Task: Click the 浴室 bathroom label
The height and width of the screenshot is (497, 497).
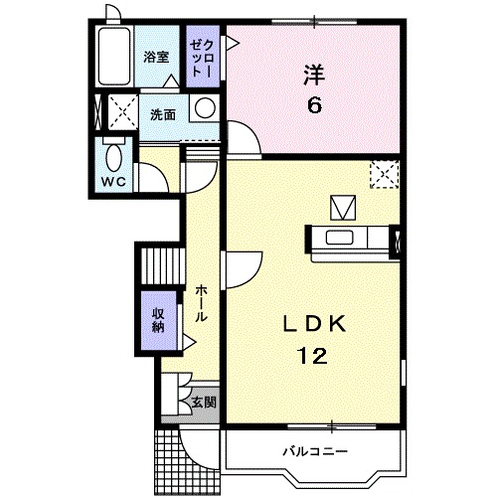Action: [x=155, y=57]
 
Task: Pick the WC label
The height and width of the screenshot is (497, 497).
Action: [x=111, y=182]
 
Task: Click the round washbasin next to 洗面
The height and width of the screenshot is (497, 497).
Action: [x=204, y=108]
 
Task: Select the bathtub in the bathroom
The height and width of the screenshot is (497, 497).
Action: [x=116, y=58]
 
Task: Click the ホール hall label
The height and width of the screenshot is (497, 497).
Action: [x=201, y=301]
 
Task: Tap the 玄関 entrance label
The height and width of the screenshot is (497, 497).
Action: [x=204, y=403]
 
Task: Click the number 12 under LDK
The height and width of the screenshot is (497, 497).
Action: [x=312, y=354]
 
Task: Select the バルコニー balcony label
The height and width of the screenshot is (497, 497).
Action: [x=314, y=452]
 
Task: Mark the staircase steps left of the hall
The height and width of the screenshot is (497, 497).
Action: [x=160, y=265]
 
